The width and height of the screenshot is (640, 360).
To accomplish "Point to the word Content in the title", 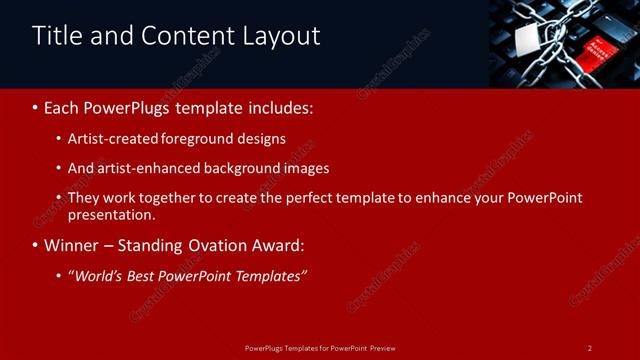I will (x=188, y=36).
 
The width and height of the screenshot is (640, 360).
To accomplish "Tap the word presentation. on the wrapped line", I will (x=112, y=214).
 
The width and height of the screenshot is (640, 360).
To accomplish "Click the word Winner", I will (x=71, y=245).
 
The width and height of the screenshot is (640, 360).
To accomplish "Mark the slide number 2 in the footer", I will (x=590, y=348).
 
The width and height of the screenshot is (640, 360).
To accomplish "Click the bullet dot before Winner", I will (x=36, y=245).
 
